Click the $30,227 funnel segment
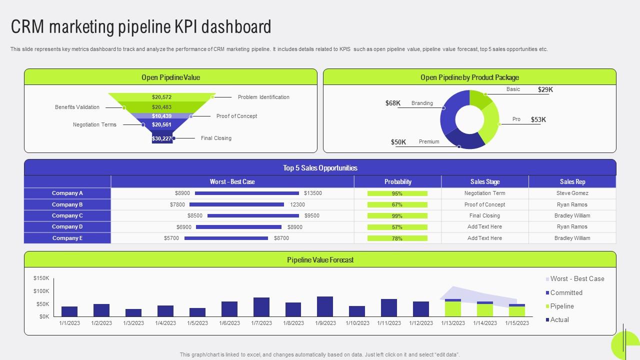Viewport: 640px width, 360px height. point(162,138)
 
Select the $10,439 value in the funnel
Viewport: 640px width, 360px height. point(161,116)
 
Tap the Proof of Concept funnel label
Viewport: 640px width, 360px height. point(236,116)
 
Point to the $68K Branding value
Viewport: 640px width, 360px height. point(393,103)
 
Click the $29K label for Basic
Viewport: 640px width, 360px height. point(545,90)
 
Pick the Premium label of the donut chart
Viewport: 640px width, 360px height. point(429,142)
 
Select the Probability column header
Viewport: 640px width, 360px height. point(397,181)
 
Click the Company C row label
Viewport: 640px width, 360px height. point(67,215)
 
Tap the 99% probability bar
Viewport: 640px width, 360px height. point(397,216)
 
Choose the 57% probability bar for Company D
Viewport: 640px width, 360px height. point(397,227)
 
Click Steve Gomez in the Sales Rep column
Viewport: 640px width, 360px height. point(572,193)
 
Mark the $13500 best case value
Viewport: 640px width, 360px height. point(313,193)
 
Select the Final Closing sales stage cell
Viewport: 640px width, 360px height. point(484,215)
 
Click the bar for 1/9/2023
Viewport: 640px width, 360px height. point(325,306)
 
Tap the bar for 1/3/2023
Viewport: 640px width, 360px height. point(133,312)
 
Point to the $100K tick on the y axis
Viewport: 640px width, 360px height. point(41,291)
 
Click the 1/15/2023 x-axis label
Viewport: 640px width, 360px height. point(517,323)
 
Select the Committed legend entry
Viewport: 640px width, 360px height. point(566,293)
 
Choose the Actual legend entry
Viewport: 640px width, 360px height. point(559,320)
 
